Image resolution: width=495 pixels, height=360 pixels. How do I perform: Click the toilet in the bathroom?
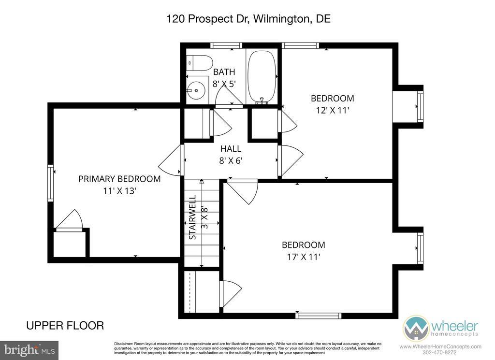point(199,63)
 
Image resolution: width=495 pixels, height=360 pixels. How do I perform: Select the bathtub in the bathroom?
point(262,77)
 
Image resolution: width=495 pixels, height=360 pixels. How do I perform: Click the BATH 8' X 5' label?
point(224,78)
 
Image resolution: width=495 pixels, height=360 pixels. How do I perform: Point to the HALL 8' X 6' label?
point(231,155)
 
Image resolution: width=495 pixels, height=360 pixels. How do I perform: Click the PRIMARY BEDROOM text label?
point(119,179)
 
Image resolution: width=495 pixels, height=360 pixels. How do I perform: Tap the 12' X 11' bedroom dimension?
point(333,111)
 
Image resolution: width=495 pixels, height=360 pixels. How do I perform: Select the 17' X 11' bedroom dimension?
point(304,257)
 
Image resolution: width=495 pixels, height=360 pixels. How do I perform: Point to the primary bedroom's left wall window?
point(50,183)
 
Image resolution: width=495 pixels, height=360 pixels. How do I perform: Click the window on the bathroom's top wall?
point(226,45)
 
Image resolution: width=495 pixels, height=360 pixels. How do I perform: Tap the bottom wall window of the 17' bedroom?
point(319,316)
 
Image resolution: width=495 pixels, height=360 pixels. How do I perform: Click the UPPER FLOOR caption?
point(65,325)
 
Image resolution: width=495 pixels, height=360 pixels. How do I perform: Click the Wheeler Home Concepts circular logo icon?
point(416,328)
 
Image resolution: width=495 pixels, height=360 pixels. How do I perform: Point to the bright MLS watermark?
point(29,350)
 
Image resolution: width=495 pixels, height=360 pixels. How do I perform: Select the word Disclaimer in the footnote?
point(123,344)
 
